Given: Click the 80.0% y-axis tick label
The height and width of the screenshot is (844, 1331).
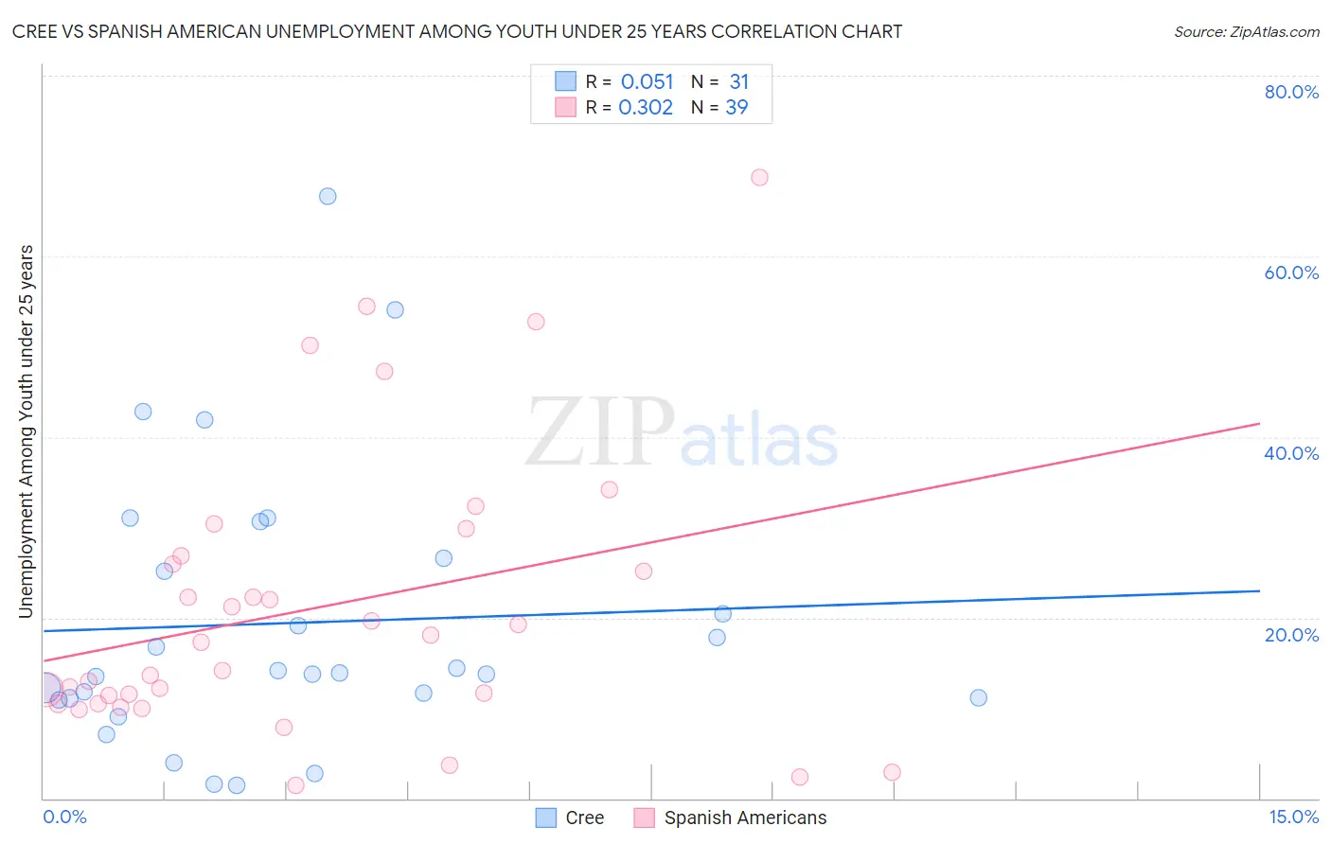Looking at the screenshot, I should [x=1291, y=92].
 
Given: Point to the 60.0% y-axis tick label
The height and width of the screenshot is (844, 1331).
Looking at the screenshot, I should [x=1291, y=273].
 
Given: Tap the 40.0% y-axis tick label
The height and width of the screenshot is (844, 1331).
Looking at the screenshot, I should [x=1291, y=453].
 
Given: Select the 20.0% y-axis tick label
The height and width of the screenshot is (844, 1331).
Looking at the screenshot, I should [x=1291, y=635].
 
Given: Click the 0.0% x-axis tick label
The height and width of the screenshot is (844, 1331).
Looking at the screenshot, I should [x=64, y=817].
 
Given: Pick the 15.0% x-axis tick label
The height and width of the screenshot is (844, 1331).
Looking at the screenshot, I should [x=1293, y=817].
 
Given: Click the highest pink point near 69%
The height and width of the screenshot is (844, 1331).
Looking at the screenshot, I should [x=759, y=178].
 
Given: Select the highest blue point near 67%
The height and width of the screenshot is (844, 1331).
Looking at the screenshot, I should [x=328, y=197].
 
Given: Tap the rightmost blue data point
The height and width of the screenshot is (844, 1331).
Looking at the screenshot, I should [x=979, y=698].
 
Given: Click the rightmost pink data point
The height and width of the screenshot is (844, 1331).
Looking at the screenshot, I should [x=892, y=772].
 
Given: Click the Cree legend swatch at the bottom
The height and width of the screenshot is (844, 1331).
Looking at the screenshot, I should [x=546, y=818].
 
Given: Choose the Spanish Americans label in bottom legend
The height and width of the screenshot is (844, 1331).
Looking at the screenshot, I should [x=745, y=818].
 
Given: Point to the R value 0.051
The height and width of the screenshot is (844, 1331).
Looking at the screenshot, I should [x=647, y=82].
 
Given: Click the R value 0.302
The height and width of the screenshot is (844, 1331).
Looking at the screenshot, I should [x=646, y=108].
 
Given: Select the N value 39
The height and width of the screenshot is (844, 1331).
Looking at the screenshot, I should [x=736, y=108].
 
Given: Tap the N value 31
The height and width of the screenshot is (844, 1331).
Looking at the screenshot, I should [x=738, y=82].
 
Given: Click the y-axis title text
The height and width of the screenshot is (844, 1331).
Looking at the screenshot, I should [x=26, y=431].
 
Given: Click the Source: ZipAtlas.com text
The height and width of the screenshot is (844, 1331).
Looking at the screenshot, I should [x=1246, y=32].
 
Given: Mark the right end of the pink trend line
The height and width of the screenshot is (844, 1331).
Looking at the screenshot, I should [x=1259, y=424].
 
